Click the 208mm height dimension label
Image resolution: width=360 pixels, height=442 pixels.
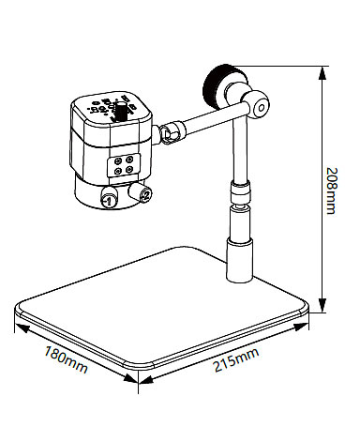332,191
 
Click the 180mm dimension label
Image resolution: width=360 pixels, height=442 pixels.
66,359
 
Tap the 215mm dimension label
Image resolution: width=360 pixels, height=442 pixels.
236,359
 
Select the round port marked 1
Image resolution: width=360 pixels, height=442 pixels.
108,198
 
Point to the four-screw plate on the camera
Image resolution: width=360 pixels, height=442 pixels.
124,165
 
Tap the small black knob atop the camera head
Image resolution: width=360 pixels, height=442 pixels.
120,110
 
